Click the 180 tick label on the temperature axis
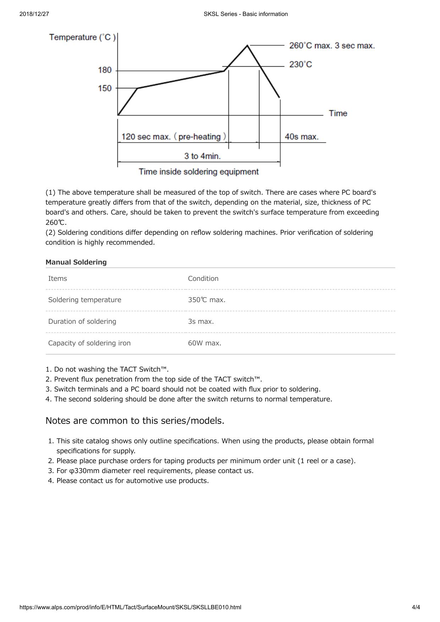105,70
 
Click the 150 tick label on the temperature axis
105,88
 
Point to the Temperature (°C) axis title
82,37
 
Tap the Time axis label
338,113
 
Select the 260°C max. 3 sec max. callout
332,46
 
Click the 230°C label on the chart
301,65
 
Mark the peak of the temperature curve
247,45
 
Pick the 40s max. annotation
302,137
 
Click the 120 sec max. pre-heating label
174,137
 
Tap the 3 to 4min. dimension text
202,156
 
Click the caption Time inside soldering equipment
199,172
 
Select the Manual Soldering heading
76,262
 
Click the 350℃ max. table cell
207,300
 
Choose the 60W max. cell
204,343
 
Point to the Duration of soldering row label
82,322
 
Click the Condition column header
203,279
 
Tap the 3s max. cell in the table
201,322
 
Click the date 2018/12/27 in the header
34,14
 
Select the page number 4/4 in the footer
416,607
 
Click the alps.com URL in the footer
130,607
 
